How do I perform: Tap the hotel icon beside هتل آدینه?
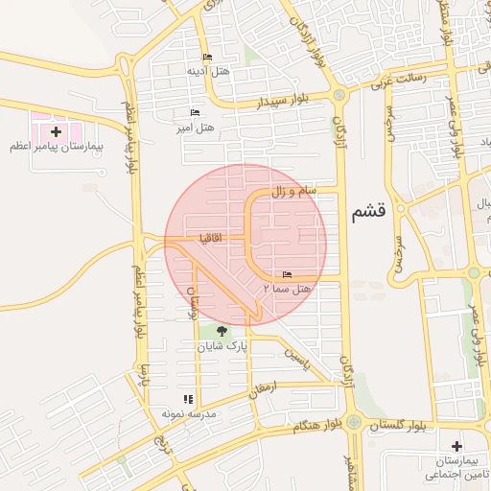(x=207, y=57)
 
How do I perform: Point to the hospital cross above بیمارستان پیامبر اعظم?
(x=56, y=131)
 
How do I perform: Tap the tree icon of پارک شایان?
(x=222, y=332)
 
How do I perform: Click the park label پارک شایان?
(x=222, y=347)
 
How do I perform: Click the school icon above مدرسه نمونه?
(x=189, y=399)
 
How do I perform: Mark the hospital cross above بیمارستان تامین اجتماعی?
(x=457, y=446)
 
